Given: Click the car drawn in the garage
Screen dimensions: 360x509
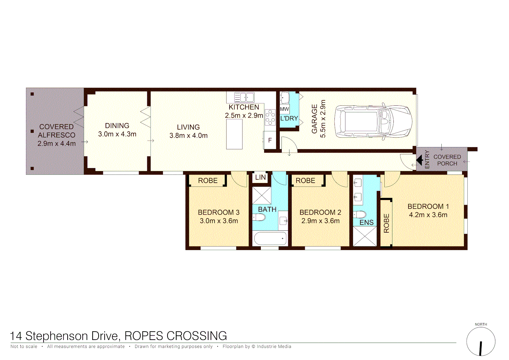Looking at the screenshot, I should click(x=373, y=121).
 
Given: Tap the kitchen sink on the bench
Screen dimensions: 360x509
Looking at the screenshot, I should click(x=244, y=97).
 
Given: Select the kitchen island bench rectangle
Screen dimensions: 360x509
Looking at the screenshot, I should click(x=234, y=134).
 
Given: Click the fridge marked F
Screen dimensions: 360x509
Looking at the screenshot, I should click(x=270, y=140).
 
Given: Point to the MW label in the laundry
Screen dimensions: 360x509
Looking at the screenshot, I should click(x=284, y=109).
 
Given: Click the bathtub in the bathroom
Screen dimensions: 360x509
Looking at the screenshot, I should click(x=270, y=239).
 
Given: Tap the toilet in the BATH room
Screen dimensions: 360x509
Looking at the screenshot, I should click(x=259, y=217).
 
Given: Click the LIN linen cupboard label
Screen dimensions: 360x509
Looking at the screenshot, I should click(x=260, y=177).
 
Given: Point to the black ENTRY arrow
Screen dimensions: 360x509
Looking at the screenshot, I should click(x=420, y=160).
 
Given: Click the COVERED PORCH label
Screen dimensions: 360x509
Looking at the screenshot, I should click(x=447, y=160).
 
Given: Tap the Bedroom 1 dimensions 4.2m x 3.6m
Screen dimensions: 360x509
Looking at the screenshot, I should click(x=428, y=215).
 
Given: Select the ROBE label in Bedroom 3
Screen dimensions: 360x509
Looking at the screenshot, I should click(x=208, y=181).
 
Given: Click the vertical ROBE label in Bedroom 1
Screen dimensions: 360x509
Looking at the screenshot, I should click(x=386, y=223).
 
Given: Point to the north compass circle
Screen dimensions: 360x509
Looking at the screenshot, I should click(x=481, y=342).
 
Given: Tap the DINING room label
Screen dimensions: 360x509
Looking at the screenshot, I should click(x=117, y=126).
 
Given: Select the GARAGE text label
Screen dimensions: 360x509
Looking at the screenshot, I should click(x=314, y=119).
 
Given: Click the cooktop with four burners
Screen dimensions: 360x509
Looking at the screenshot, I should click(x=270, y=117).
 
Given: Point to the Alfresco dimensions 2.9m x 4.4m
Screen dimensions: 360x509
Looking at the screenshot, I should click(x=57, y=144).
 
